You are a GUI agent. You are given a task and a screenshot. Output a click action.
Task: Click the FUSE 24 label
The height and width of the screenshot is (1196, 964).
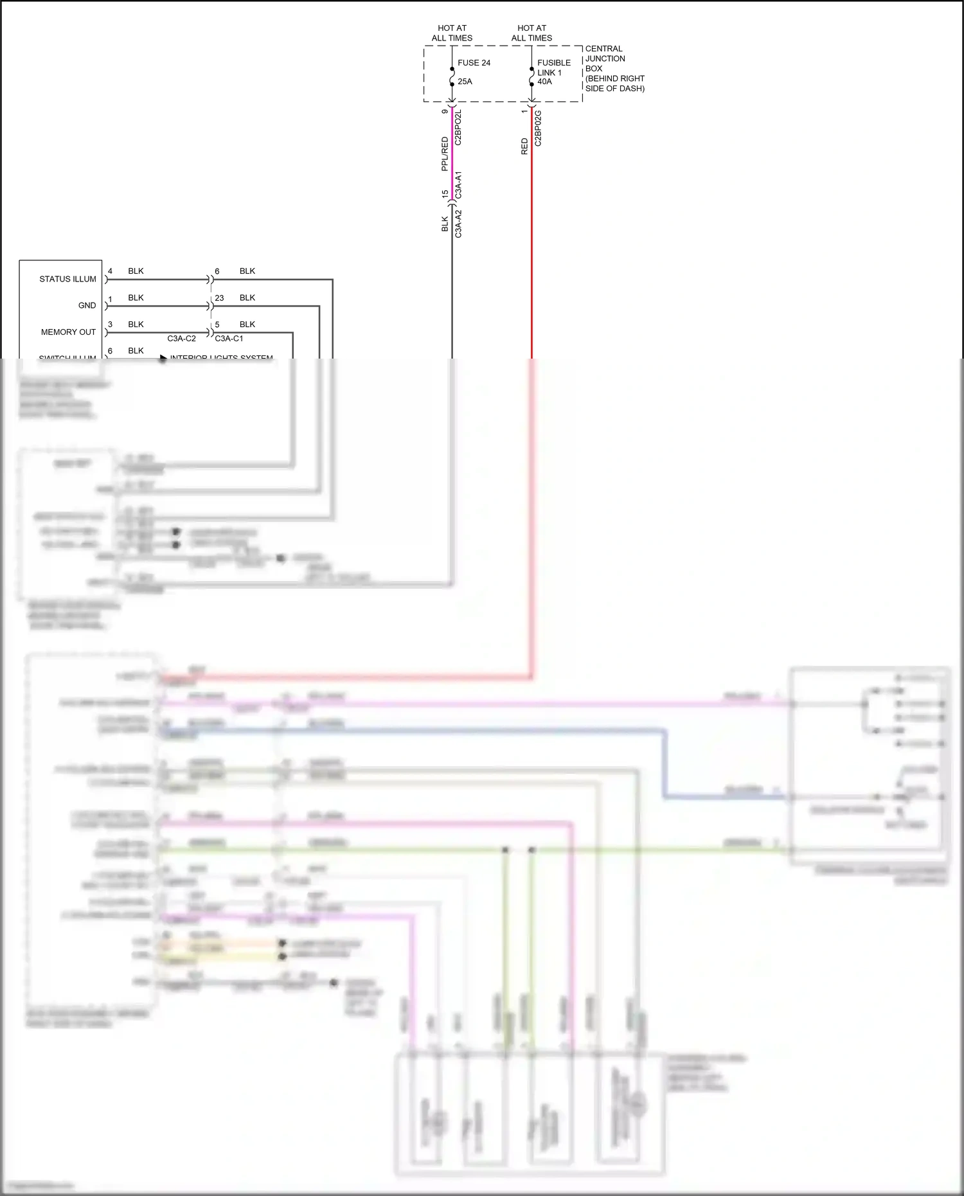(474, 63)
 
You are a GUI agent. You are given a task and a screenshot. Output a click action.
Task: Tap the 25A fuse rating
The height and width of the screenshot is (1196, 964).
(465, 82)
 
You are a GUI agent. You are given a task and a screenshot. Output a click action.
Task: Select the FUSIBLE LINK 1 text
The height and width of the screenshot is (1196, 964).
(553, 67)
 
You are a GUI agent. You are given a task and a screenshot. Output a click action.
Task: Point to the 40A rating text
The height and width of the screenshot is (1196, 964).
(544, 82)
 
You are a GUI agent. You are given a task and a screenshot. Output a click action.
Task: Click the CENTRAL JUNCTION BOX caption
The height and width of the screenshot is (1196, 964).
(614, 68)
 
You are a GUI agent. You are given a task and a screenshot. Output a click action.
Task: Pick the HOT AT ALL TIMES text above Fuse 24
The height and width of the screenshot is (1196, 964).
(452, 33)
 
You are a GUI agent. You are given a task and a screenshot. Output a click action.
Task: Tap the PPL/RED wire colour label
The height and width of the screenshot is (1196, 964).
(445, 154)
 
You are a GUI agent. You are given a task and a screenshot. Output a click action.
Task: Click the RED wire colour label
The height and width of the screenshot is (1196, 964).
(524, 146)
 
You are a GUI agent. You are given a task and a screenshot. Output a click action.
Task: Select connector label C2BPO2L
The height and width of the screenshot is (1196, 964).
(458, 127)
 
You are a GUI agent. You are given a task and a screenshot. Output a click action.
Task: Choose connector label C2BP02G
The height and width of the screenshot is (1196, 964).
(538, 128)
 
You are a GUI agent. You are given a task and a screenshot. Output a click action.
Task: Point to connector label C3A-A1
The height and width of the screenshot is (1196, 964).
(458, 185)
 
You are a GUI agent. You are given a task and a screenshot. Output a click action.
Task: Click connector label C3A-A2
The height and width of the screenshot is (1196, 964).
(458, 224)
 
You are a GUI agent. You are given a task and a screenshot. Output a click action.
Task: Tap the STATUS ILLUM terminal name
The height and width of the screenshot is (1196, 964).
(67, 279)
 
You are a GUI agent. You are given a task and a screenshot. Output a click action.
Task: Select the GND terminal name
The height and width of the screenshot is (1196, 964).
(87, 305)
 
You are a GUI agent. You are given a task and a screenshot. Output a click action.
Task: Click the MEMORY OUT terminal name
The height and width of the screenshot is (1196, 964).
(68, 332)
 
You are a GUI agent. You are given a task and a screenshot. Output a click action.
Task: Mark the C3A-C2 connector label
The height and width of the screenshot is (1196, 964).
(181, 339)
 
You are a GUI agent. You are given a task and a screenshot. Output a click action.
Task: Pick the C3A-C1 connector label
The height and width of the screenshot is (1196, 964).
(229, 339)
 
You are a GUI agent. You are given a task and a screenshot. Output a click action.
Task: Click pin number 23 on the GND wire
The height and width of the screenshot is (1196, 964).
(219, 298)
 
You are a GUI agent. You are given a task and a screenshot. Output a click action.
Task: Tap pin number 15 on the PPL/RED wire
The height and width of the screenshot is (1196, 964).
(445, 194)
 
